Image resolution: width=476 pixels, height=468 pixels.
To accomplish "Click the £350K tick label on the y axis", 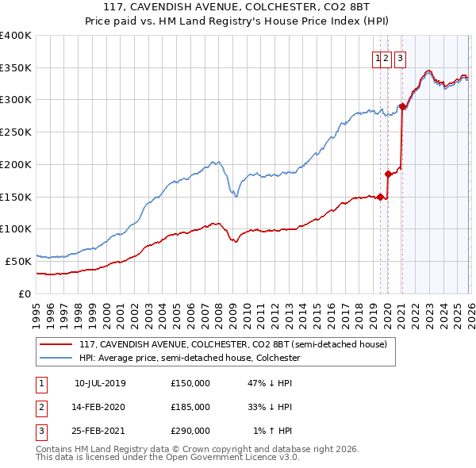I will (x=16, y=68).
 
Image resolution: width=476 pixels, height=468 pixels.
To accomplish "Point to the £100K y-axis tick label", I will (x=16, y=228).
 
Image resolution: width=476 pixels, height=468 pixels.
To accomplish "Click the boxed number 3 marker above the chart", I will (x=399, y=57).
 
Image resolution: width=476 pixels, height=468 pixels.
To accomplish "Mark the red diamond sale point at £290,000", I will (x=403, y=106).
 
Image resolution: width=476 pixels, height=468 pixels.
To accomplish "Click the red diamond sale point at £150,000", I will (x=380, y=197).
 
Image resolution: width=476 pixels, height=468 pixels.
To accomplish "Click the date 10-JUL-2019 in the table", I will (x=100, y=382).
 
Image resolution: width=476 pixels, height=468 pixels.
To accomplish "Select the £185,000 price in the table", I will (x=190, y=407).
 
